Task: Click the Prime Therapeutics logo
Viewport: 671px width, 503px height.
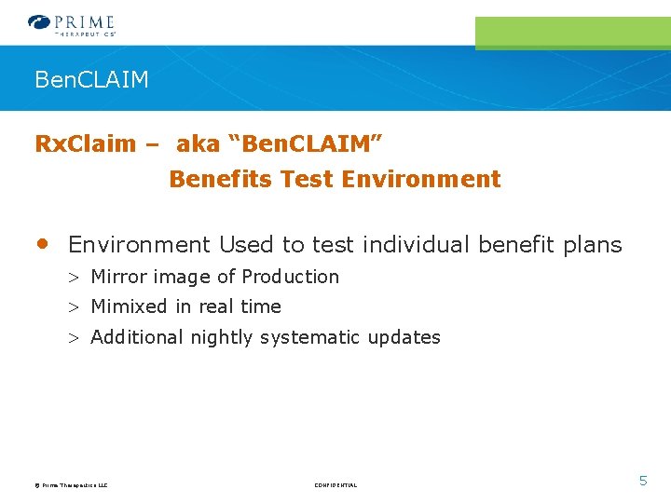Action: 72,24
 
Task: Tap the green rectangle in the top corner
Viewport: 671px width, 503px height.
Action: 572,33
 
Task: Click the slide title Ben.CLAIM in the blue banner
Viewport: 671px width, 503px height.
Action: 91,80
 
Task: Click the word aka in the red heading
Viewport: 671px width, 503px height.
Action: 198,144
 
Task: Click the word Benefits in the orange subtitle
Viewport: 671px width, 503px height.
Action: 212,179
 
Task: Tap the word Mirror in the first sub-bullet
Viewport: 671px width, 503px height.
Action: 118,277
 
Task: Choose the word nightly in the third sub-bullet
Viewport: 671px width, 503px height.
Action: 221,338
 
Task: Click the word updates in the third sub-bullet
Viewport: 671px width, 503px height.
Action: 404,337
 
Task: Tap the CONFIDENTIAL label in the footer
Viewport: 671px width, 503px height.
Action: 335,485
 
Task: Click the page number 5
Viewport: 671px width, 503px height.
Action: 642,481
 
